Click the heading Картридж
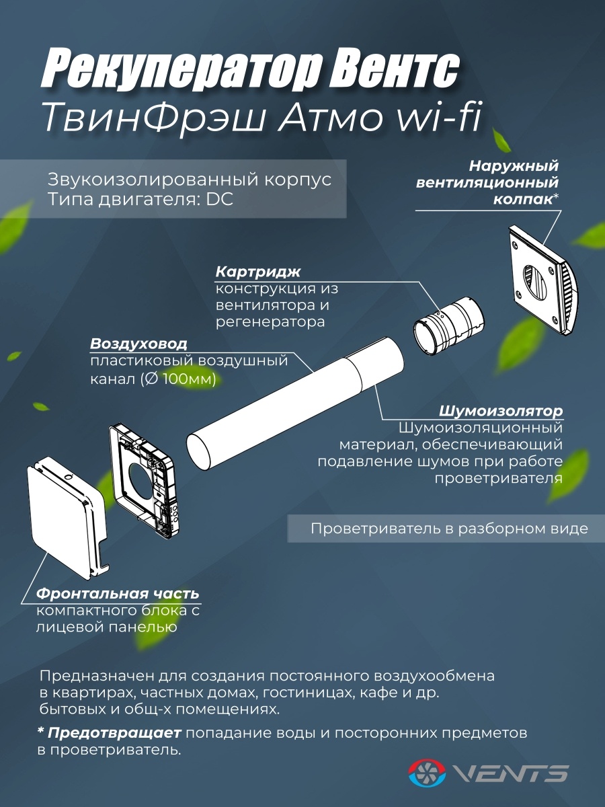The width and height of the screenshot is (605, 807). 258,272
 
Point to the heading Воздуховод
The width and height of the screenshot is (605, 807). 138,344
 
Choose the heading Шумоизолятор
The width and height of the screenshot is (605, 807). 501,411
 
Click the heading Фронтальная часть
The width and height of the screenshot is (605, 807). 118,593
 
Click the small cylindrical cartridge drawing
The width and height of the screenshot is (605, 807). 448,326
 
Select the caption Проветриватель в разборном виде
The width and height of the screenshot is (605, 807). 449,529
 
